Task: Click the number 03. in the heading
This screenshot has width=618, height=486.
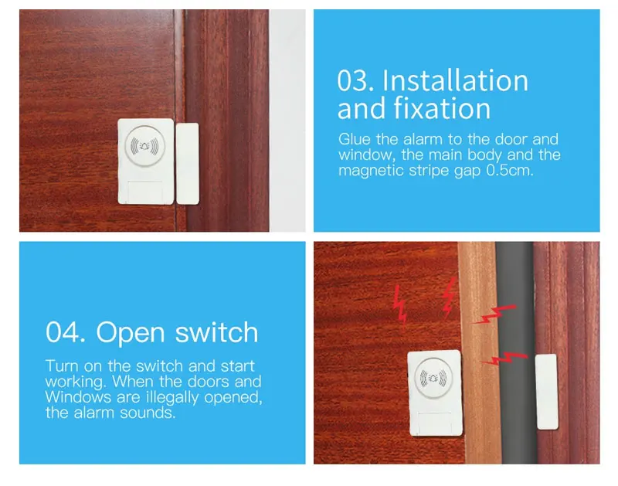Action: tap(355, 80)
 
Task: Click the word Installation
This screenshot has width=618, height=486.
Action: tap(455, 80)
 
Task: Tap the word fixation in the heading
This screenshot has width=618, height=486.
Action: tap(442, 108)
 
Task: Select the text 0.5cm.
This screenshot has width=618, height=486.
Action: tap(510, 170)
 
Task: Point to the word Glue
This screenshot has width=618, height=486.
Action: tap(355, 139)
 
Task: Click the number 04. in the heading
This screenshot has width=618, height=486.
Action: tap(66, 332)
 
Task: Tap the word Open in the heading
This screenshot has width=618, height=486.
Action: tap(130, 333)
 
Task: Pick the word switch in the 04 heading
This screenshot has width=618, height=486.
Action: tap(216, 332)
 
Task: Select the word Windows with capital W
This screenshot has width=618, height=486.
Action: tap(78, 397)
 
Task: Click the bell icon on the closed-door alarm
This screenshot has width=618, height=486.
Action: tap(144, 146)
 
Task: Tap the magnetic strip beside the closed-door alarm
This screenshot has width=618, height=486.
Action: tap(187, 164)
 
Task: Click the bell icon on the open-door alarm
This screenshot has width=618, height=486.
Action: tap(433, 378)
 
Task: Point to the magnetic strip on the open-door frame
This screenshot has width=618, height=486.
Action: tap(547, 392)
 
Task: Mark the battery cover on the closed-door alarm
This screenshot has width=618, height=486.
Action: tap(145, 192)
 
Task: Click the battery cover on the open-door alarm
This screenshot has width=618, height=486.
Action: tap(434, 423)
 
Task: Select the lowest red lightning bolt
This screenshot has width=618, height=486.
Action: tap(504, 359)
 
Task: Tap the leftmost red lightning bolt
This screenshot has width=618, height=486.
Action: tap(400, 305)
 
